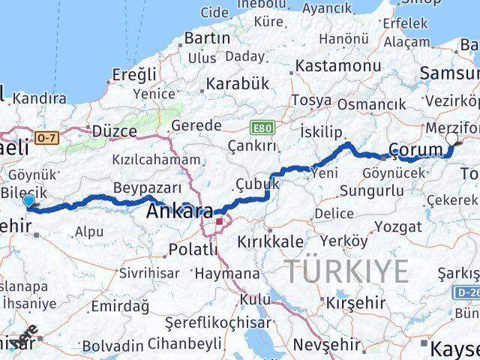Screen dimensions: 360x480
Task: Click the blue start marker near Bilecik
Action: (x=28, y=200)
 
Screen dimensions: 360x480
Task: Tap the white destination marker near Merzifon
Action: (x=451, y=139)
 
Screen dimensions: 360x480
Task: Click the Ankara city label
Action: (x=178, y=211)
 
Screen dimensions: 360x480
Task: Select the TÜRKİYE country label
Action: (x=346, y=270)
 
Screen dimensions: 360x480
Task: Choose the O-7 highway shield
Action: (x=46, y=137)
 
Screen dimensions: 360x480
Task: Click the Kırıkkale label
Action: (x=271, y=241)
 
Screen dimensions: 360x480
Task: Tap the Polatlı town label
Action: (x=193, y=248)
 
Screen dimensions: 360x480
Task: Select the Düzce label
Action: (x=114, y=130)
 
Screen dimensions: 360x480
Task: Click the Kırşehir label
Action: (x=356, y=303)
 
